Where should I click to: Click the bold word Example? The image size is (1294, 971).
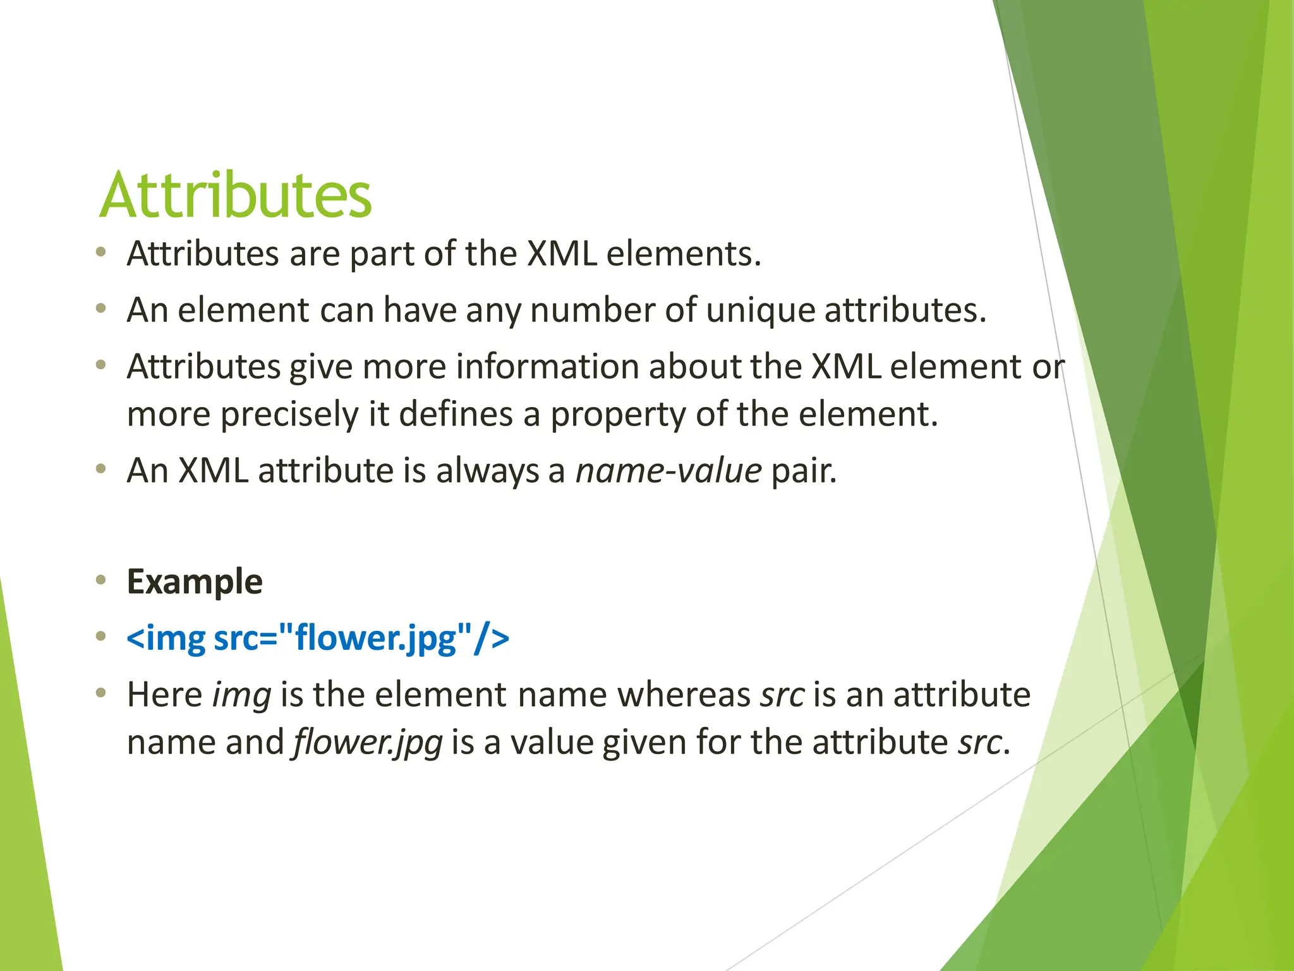(x=195, y=582)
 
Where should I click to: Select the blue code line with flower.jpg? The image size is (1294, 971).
(x=318, y=637)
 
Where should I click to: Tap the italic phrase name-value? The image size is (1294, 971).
(x=668, y=471)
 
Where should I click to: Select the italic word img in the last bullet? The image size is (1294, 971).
(x=242, y=695)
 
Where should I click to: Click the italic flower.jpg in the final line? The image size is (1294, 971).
(x=367, y=743)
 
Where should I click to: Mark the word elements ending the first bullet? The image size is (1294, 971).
(x=683, y=254)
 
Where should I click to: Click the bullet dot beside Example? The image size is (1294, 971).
(x=100, y=580)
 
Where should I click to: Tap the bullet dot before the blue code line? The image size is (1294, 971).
(x=100, y=636)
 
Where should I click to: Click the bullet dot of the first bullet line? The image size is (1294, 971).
(x=100, y=253)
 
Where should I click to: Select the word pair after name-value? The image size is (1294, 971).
(x=803, y=471)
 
